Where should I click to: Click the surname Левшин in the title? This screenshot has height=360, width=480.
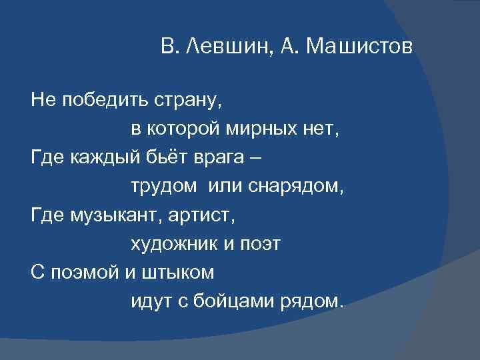(217, 48)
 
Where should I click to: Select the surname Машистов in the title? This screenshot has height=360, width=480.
(361, 48)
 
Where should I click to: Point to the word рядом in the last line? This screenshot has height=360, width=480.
(316, 301)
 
